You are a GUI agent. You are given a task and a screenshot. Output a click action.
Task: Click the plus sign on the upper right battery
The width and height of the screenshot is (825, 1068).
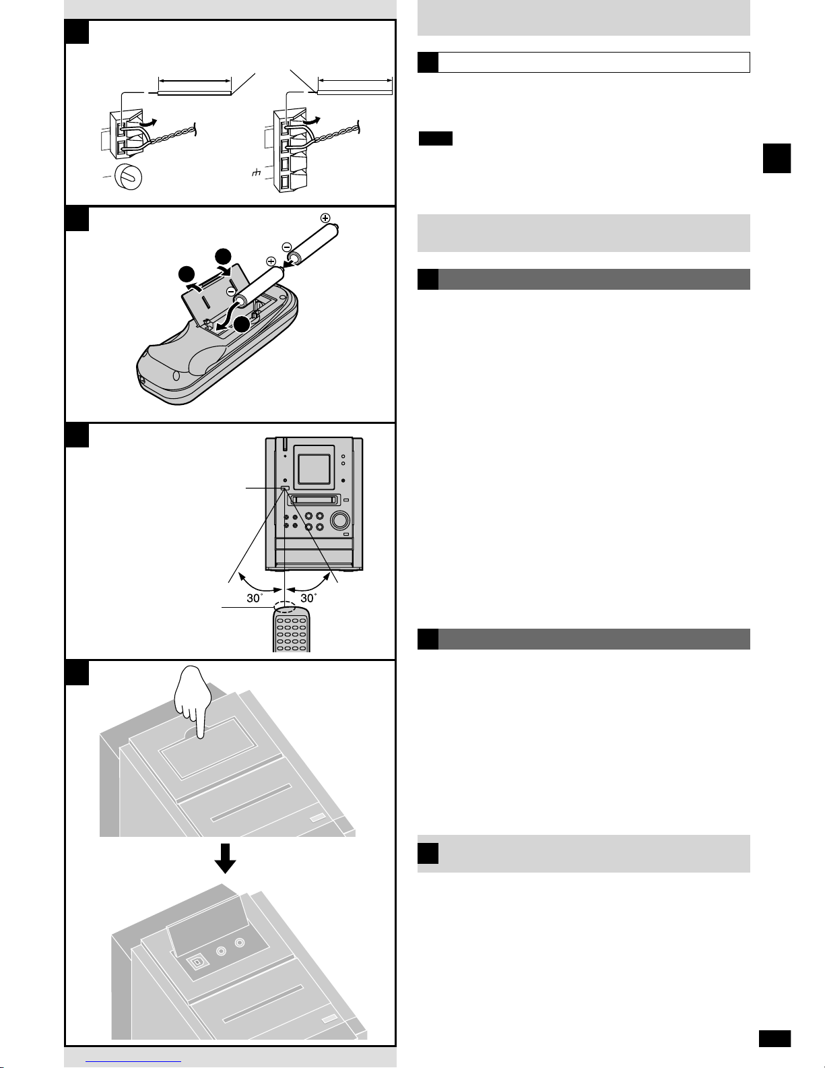pyautogui.click(x=326, y=218)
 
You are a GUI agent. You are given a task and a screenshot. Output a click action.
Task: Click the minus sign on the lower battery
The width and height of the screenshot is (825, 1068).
pyautogui.click(x=231, y=291)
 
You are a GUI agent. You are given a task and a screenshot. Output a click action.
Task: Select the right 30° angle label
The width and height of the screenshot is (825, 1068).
pyautogui.click(x=308, y=597)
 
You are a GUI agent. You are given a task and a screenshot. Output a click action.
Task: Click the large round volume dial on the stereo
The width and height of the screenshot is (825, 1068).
pyautogui.click(x=339, y=520)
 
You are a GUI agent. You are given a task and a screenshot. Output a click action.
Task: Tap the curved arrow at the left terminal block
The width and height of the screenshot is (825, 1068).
pyautogui.click(x=154, y=122)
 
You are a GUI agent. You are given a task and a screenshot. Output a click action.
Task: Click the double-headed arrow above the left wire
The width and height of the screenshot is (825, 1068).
pyautogui.click(x=194, y=83)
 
